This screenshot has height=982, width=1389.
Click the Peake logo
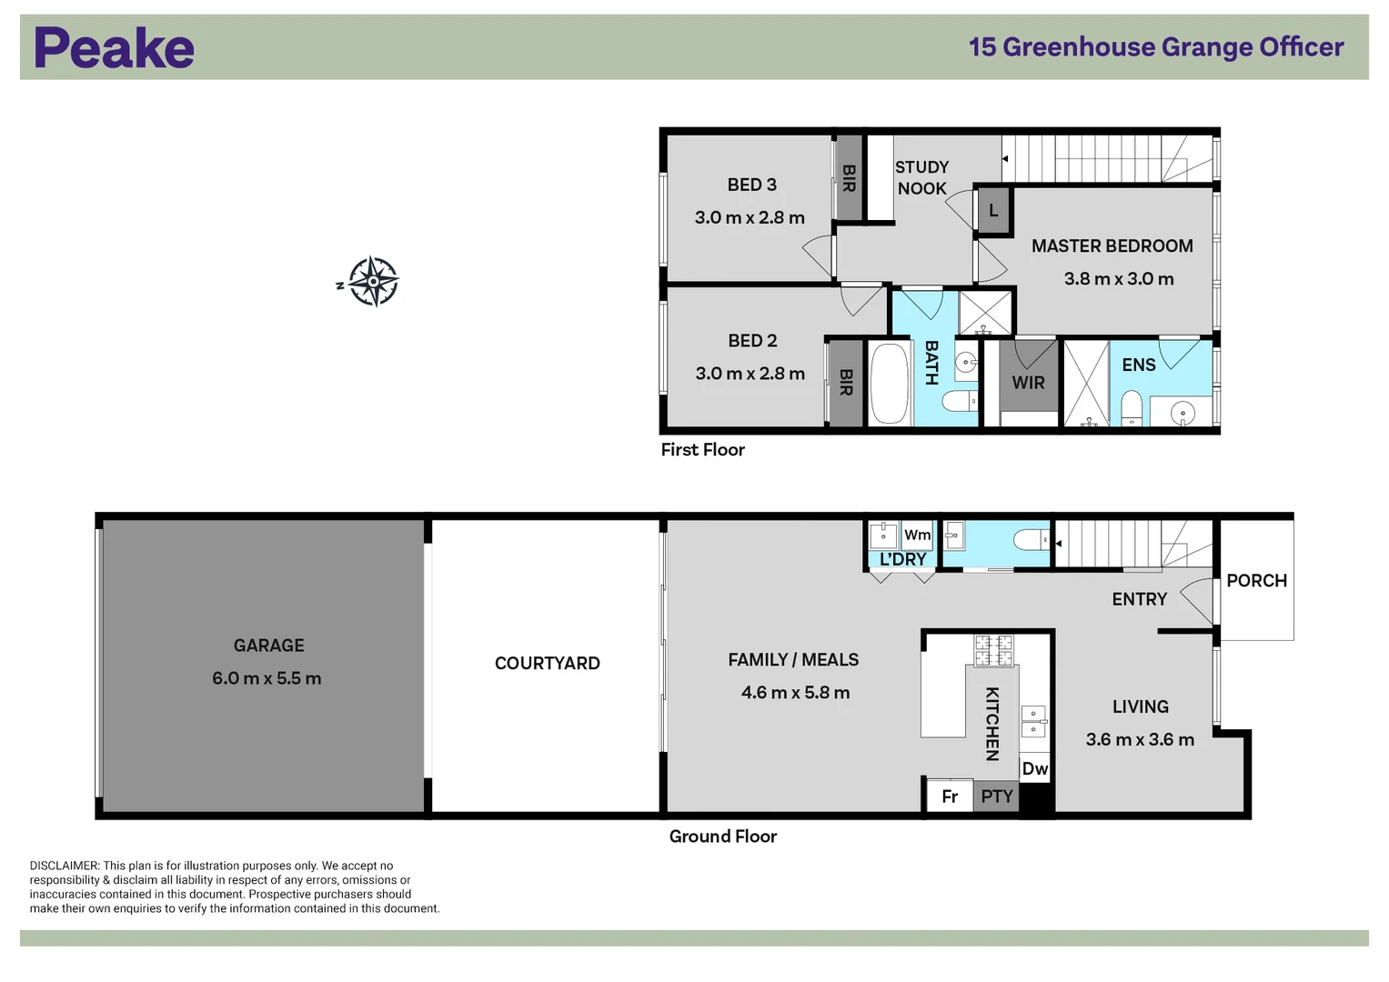(x=114, y=47)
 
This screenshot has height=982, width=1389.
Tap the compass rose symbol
(x=373, y=282)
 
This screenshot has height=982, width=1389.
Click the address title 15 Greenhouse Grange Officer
(x=1156, y=47)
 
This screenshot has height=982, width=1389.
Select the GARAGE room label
(x=268, y=646)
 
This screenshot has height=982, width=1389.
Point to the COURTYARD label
(x=547, y=664)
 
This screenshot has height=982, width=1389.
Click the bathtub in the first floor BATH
(x=890, y=384)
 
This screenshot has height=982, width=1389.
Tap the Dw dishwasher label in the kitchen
(x=1034, y=768)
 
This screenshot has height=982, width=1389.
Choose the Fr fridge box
(x=950, y=796)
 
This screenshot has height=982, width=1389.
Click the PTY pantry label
(x=996, y=796)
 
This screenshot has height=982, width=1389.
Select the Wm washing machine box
(x=917, y=535)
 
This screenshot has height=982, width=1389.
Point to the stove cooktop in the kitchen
(x=993, y=650)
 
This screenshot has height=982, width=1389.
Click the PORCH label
(x=1256, y=581)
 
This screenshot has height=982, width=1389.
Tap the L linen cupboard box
(x=993, y=211)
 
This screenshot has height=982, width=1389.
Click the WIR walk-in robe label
(x=1028, y=383)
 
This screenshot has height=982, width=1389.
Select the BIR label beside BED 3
(x=849, y=178)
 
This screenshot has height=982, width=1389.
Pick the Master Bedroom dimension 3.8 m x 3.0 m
(x=1119, y=279)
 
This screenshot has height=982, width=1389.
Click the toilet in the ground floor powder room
(x=1031, y=540)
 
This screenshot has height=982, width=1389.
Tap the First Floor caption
(x=702, y=449)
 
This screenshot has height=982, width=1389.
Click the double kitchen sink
(x=1033, y=721)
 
